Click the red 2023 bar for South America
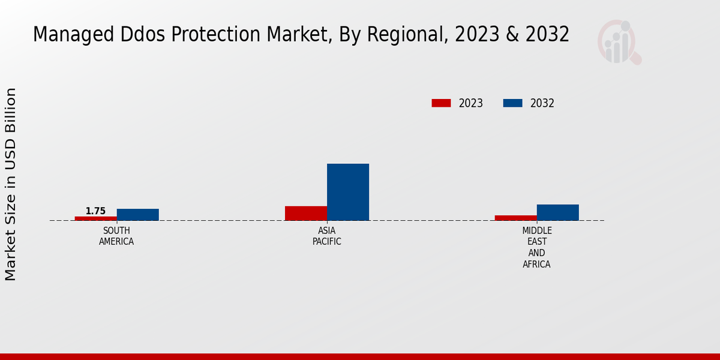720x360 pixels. (x=96, y=218)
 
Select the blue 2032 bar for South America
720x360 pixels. (x=138, y=215)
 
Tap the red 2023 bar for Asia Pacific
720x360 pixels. (x=306, y=214)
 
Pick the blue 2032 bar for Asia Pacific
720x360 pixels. (x=348, y=192)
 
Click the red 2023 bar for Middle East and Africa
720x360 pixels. (x=516, y=218)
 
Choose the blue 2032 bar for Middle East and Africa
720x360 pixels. (x=558, y=212)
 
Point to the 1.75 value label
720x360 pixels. (x=95, y=211)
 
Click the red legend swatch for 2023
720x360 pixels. (x=441, y=103)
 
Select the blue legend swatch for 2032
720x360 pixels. (x=512, y=103)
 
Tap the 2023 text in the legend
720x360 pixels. (x=471, y=103)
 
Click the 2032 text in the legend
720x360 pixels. (x=542, y=103)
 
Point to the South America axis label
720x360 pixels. (x=116, y=236)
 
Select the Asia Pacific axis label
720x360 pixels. (x=327, y=236)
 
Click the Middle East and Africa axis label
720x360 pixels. (x=536, y=247)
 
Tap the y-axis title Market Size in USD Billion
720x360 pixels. (x=11, y=184)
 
